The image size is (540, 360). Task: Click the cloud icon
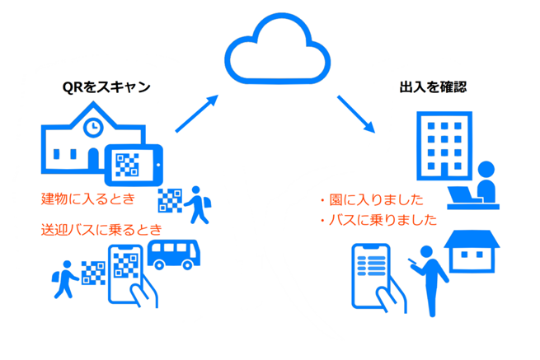click(269, 51)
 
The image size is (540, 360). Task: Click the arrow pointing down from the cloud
click(355, 114)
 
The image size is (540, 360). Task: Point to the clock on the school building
click(92, 126)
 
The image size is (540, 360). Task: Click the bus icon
click(173, 253)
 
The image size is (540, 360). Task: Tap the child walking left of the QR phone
click(65, 276)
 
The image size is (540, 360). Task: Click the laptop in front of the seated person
click(467, 195)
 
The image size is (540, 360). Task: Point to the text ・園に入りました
click(369, 199)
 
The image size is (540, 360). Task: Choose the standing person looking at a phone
click(430, 278)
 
